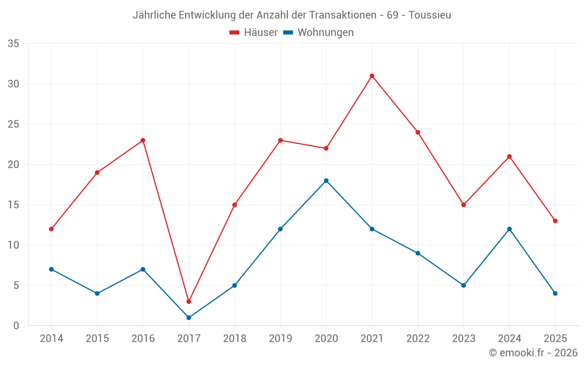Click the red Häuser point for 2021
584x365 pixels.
(x=372, y=76)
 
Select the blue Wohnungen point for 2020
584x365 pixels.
(x=326, y=180)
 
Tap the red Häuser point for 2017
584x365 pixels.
(x=189, y=301)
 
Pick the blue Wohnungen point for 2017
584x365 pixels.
(x=189, y=318)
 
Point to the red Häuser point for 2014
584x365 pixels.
(x=51, y=229)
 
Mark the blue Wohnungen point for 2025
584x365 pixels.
(x=555, y=293)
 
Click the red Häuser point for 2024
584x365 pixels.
(x=509, y=157)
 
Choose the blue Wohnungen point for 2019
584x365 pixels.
(x=280, y=229)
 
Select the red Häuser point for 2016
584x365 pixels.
(x=143, y=140)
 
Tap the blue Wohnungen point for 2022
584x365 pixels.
(x=418, y=253)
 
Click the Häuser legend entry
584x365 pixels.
(x=253, y=33)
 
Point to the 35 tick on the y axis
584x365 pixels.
(x=13, y=44)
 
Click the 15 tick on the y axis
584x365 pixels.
(x=13, y=205)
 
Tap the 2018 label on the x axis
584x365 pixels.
(x=234, y=339)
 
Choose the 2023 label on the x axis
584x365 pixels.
(x=464, y=339)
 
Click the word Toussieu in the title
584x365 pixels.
(x=430, y=15)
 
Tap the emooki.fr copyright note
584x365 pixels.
(x=533, y=353)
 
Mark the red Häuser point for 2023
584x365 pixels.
(x=464, y=205)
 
